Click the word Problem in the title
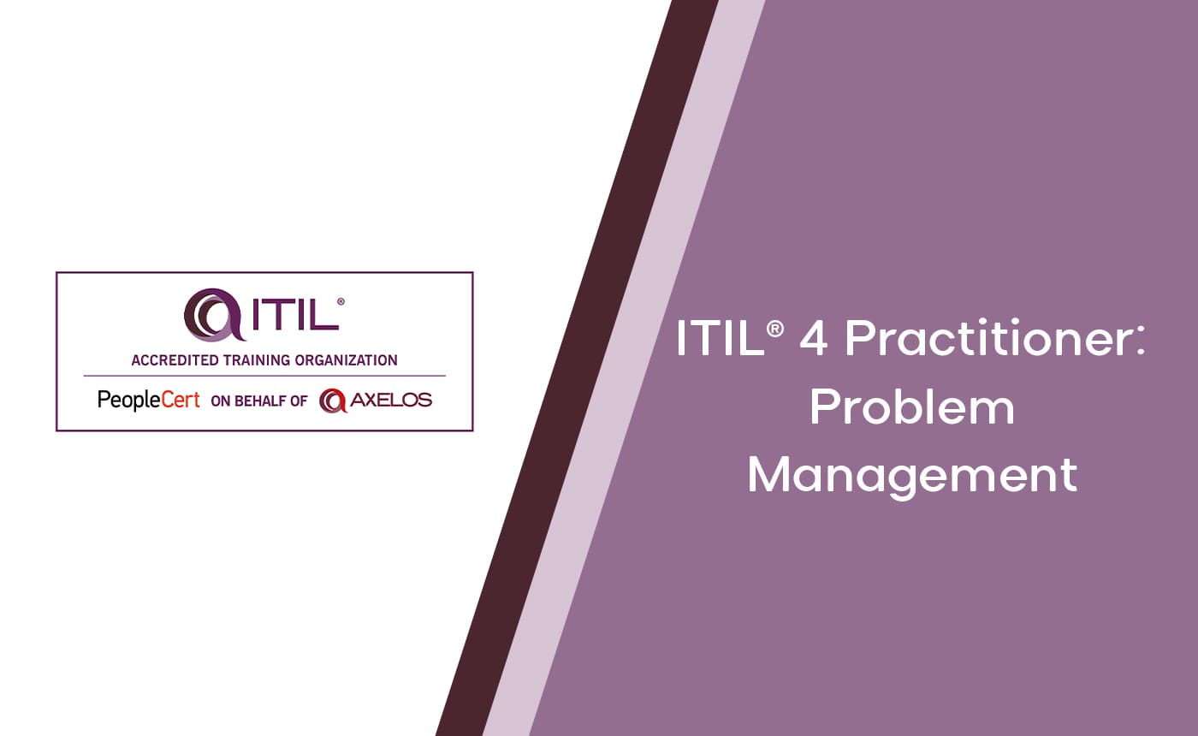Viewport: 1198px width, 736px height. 911,408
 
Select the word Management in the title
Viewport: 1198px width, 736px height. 911,474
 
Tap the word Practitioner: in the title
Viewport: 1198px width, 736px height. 993,340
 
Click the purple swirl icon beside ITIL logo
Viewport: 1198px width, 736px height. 209,314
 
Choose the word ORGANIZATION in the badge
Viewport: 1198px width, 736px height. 347,360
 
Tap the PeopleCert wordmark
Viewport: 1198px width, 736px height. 149,400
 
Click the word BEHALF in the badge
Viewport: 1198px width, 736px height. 261,401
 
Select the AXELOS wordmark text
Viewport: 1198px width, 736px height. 390,400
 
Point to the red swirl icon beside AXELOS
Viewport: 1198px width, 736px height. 332,400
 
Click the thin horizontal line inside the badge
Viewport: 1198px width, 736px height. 264,376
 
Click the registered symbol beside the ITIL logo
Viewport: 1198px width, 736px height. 341,302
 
